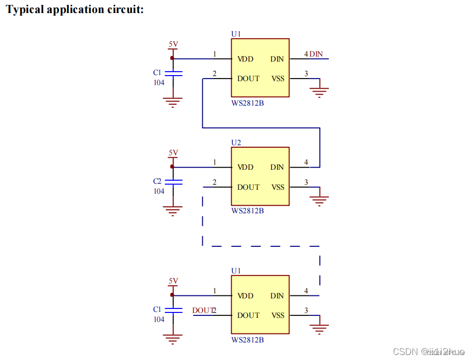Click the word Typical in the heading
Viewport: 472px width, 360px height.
[25, 10]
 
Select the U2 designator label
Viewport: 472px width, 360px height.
[236, 143]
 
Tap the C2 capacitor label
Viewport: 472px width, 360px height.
[158, 181]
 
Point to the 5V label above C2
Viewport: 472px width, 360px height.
[173, 153]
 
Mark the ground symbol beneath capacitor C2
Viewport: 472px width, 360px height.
[173, 211]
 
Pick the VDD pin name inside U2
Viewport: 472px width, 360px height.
[245, 167]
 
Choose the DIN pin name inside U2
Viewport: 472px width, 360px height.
[277, 167]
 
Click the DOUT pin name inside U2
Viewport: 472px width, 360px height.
[248, 187]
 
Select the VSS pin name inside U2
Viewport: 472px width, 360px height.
[278, 187]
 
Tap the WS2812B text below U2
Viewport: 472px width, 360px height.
[247, 211]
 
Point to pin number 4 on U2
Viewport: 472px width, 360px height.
[306, 162]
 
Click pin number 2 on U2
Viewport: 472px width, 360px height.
[215, 182]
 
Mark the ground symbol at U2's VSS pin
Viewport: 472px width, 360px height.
[320, 200]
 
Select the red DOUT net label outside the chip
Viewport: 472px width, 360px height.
[202, 310]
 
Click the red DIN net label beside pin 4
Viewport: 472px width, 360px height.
[316, 54]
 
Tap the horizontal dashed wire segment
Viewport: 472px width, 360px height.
[265, 246]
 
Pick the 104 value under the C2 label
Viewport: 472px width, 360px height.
[159, 191]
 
